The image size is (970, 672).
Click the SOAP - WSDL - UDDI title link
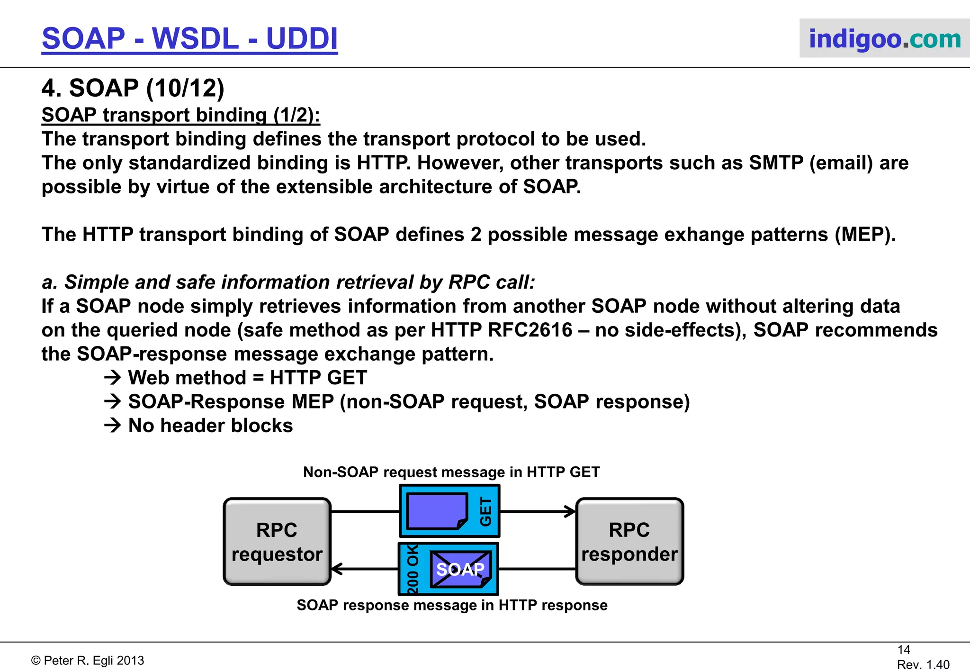click(189, 38)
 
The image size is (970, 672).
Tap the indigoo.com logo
click(884, 38)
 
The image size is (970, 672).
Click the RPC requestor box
click(277, 542)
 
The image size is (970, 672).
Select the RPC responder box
click(629, 542)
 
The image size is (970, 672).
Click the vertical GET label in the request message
click(486, 511)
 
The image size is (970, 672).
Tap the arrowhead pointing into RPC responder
click(570, 511)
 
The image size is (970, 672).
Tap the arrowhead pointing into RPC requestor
click(337, 569)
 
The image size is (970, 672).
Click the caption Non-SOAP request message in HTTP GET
click(451, 472)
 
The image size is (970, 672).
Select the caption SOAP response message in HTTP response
click(452, 605)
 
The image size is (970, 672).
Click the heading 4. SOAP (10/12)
click(133, 88)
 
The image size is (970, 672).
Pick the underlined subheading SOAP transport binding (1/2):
click(180, 115)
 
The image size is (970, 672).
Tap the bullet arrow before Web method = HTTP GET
click(113, 378)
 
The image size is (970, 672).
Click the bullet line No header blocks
click(210, 426)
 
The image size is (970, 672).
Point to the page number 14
click(904, 650)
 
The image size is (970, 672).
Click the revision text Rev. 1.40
click(923, 665)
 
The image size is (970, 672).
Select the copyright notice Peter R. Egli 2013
click(88, 661)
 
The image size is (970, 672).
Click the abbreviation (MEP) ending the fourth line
click(864, 235)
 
